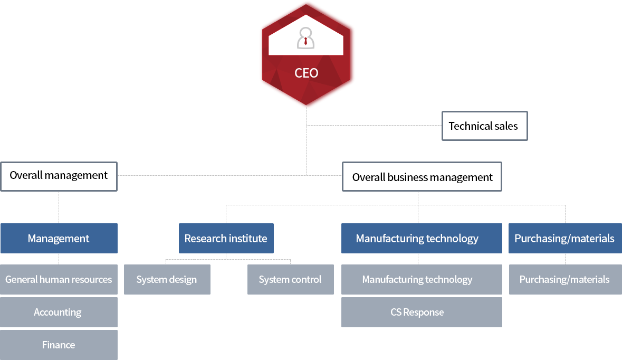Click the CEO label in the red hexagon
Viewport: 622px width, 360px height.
click(x=307, y=73)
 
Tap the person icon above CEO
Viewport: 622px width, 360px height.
click(x=306, y=39)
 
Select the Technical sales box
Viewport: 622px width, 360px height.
click(x=484, y=126)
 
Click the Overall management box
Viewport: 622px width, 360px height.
click(x=59, y=176)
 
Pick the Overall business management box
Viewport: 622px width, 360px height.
click(x=422, y=177)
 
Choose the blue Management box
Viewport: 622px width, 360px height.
click(x=59, y=239)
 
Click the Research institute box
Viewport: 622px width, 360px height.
click(x=226, y=239)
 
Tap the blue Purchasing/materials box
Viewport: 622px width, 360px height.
click(x=564, y=239)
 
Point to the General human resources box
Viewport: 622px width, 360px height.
click(x=59, y=280)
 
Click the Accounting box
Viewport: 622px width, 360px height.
click(x=58, y=312)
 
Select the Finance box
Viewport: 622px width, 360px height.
click(x=59, y=345)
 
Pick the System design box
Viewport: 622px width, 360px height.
click(x=167, y=280)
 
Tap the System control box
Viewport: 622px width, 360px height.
click(x=290, y=280)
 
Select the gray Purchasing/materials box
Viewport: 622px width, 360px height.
click(x=564, y=280)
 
